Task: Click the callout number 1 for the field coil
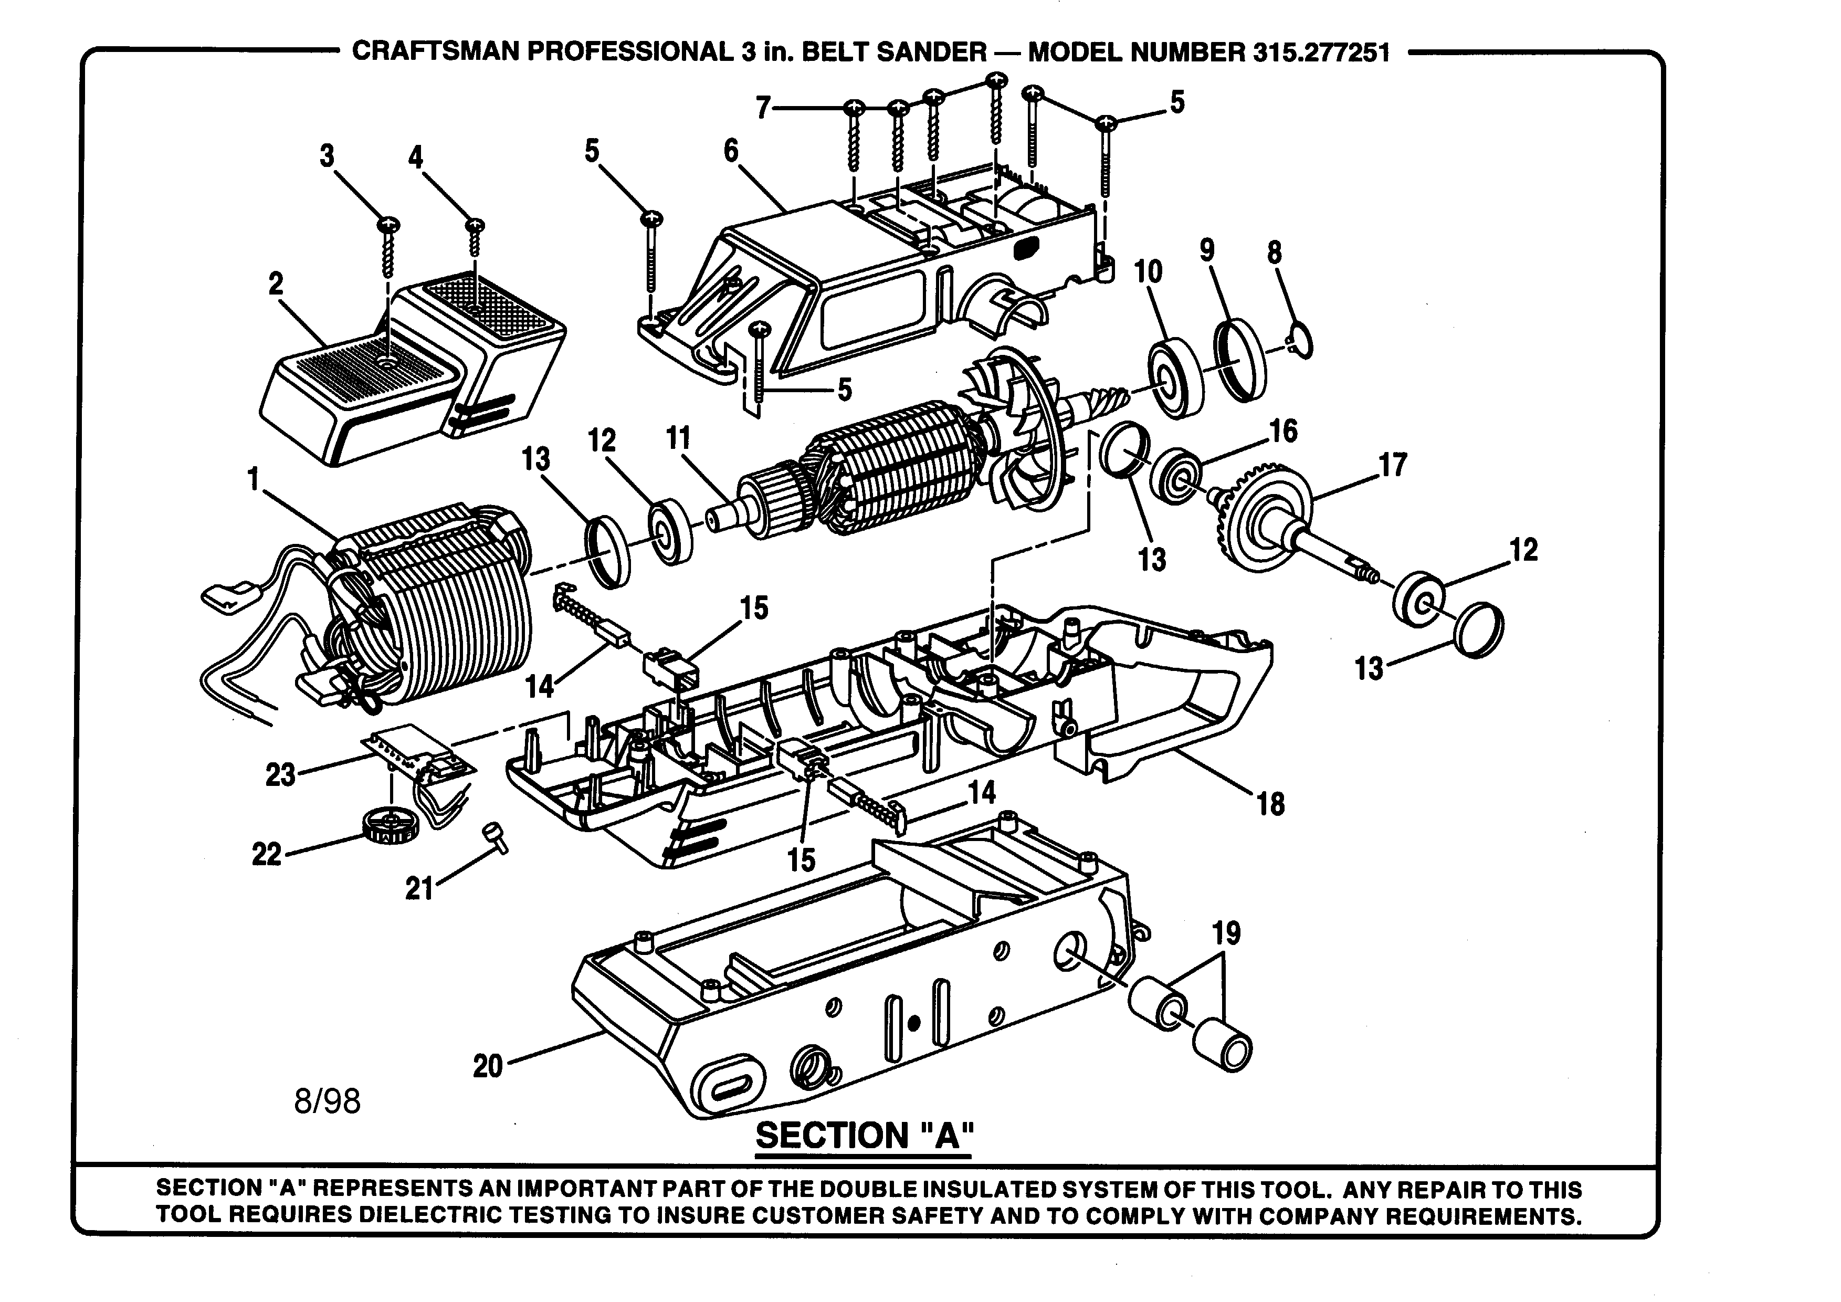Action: [x=254, y=479]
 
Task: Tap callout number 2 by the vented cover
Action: [x=276, y=284]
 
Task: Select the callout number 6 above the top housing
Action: [x=730, y=151]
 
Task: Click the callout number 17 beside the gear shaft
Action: [x=1393, y=465]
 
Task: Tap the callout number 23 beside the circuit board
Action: [x=281, y=775]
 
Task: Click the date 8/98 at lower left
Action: [x=327, y=1101]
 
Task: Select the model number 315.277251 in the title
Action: [x=1320, y=53]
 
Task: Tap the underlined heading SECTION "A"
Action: [x=865, y=1135]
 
